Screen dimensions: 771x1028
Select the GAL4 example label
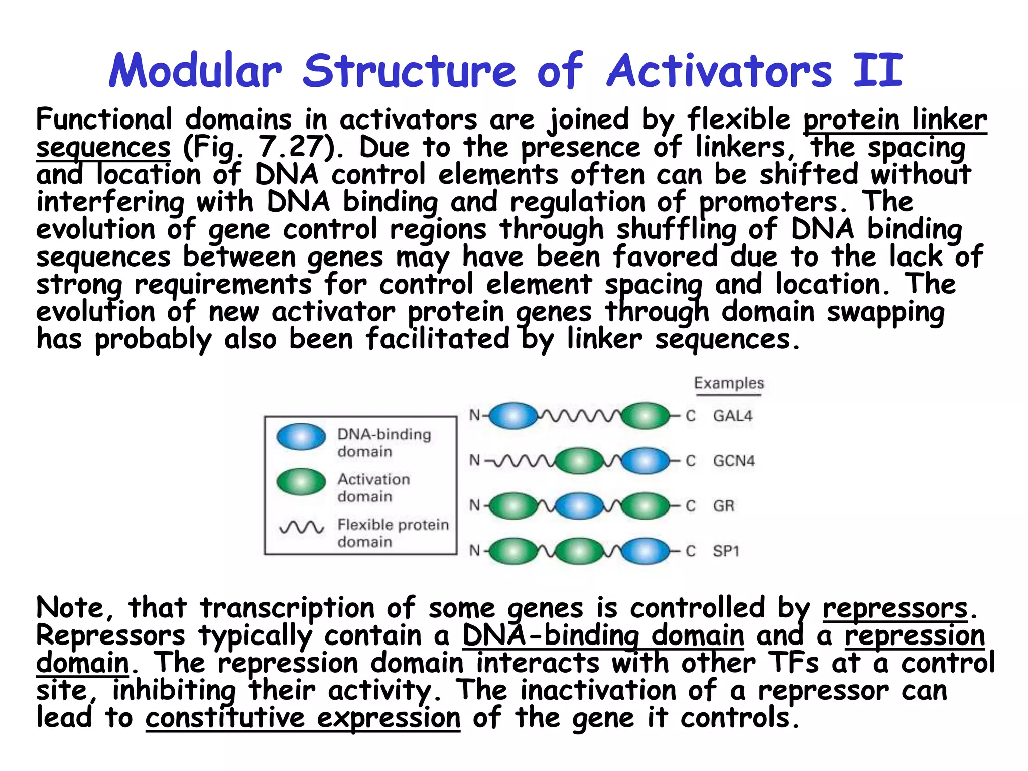732,416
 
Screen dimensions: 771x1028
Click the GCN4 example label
733,461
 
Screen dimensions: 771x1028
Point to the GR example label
723,505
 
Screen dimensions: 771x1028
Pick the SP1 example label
726,551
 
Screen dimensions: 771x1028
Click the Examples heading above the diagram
729,383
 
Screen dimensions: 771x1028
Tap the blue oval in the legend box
301,437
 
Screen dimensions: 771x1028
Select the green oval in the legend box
301,482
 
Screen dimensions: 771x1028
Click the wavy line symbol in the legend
302,527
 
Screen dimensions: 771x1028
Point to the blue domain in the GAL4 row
513,416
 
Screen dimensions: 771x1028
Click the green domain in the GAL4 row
646,416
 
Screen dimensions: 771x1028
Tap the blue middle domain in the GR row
579,505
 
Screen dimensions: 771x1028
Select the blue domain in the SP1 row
646,551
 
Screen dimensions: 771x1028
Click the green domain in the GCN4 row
579,461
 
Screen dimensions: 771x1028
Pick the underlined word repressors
895,608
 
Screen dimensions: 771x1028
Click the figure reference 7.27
291,148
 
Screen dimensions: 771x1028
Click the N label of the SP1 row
474,551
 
